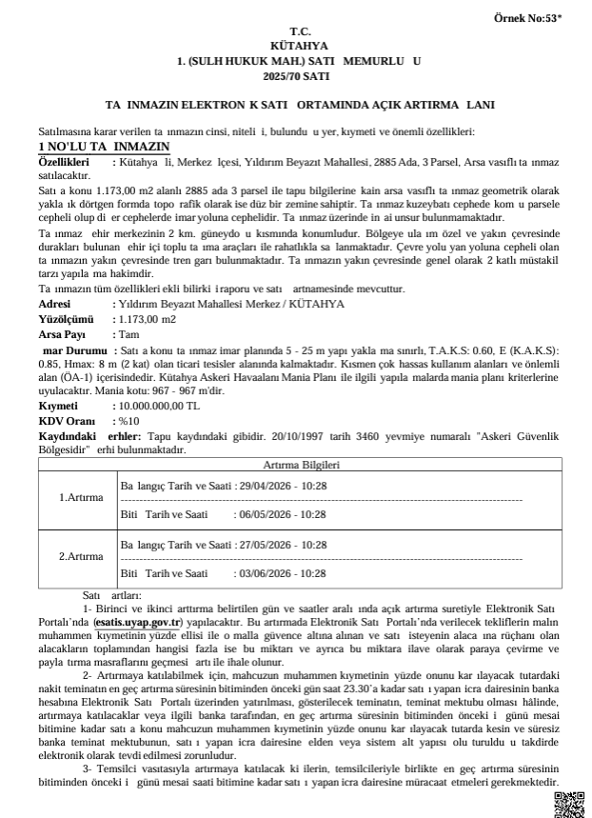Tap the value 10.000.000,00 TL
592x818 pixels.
click(x=157, y=406)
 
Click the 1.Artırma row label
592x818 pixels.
click(x=81, y=498)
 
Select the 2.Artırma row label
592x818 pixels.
click(x=81, y=557)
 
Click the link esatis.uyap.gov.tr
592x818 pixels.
click(x=137, y=620)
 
